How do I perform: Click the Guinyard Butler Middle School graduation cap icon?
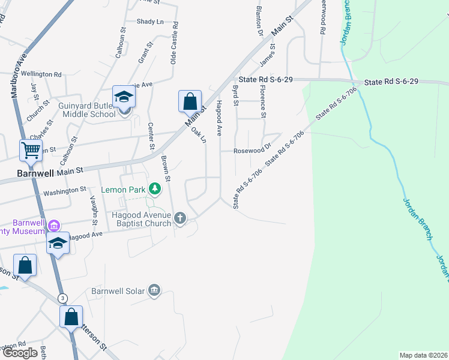124,97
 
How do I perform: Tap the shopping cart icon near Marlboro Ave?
30,150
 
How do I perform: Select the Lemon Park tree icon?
155,190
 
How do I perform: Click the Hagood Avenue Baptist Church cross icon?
180,218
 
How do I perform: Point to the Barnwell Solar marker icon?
154,291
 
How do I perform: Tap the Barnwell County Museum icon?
53,226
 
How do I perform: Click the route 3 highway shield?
62,298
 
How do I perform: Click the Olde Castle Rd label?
175,43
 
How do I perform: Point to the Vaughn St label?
94,210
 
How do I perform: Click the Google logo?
20,353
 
